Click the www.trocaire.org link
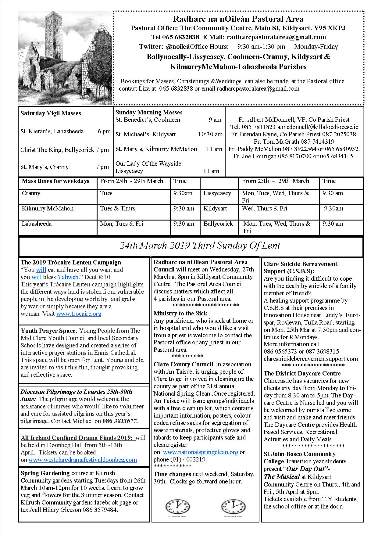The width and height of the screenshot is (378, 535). [79, 314]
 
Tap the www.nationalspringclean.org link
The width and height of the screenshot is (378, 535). [200, 452]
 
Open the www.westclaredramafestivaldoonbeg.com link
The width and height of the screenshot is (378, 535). [83, 460]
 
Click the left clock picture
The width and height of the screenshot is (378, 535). [177, 507]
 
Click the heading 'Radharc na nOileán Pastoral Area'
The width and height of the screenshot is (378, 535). [238, 19]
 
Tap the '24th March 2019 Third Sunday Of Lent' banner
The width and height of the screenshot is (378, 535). [200, 246]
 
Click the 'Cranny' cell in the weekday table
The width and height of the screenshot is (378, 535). [31, 193]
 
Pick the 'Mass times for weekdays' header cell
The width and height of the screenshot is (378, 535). [55, 181]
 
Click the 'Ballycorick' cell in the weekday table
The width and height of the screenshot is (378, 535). [218, 224]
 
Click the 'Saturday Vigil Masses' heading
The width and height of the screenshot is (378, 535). [51, 113]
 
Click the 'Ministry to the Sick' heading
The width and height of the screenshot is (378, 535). [180, 313]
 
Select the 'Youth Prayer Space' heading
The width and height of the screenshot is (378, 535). [48, 331]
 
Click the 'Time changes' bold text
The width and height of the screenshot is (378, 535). [172, 474]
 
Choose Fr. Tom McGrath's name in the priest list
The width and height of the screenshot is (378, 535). [276, 142]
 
